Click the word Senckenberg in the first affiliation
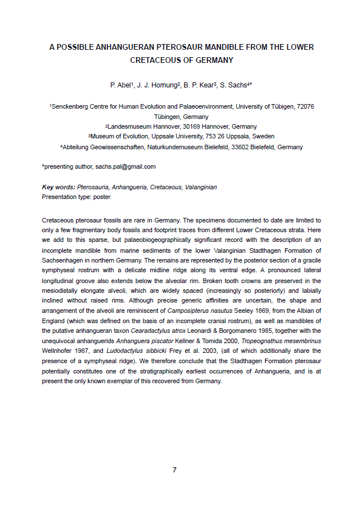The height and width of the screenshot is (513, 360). point(71,106)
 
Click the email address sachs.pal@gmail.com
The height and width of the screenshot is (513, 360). point(125,167)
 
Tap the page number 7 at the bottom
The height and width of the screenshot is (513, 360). point(175,470)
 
